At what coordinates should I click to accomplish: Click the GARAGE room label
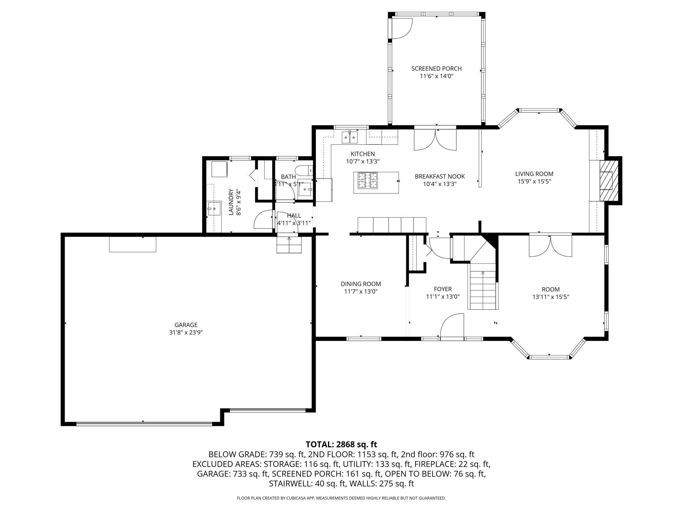(x=186, y=325)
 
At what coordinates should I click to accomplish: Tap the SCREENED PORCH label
(x=436, y=69)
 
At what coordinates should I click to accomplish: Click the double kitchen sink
(x=349, y=137)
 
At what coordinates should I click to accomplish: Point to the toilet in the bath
(x=303, y=171)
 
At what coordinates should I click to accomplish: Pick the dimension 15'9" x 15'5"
(x=534, y=181)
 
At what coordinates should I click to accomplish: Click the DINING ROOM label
(x=361, y=284)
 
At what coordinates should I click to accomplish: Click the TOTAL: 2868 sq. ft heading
(x=341, y=444)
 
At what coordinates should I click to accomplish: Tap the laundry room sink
(x=214, y=208)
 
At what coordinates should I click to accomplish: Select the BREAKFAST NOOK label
(x=440, y=177)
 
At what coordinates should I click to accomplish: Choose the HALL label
(x=294, y=216)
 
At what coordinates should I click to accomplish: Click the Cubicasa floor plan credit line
(x=341, y=498)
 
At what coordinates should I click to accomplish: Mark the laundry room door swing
(x=263, y=219)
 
